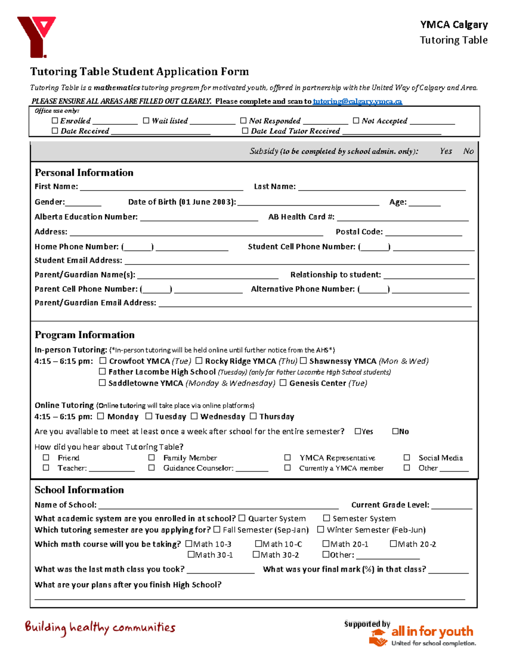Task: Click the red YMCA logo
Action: pyautogui.click(x=36, y=36)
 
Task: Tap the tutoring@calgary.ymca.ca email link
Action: pyautogui.click(x=357, y=101)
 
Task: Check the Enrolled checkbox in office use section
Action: pyautogui.click(x=55, y=120)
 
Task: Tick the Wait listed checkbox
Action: pyautogui.click(x=146, y=120)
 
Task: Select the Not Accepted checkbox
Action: pyautogui.click(x=356, y=120)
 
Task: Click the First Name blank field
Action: pyautogui.click(x=161, y=187)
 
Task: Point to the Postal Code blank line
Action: pyautogui.click(x=423, y=232)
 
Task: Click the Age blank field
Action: pyautogui.click(x=424, y=202)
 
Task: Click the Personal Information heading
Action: pyautogui.click(x=84, y=172)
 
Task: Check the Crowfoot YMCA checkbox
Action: pyautogui.click(x=103, y=361)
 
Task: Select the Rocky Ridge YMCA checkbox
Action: pyautogui.click(x=199, y=361)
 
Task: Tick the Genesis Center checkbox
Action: pyautogui.click(x=283, y=383)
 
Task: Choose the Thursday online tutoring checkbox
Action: pyautogui.click(x=253, y=416)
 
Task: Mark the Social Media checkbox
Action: pyautogui.click(x=407, y=457)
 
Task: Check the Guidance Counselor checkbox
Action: pyautogui.click(x=152, y=468)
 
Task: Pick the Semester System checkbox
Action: pyautogui.click(x=327, y=518)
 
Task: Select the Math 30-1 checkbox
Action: pyautogui.click(x=191, y=554)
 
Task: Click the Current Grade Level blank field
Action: pyautogui.click(x=451, y=505)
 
